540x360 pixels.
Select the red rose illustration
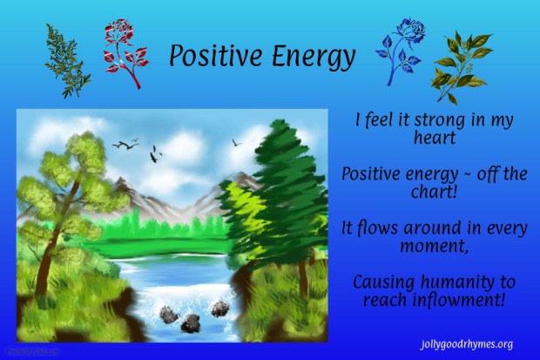tap(121, 51)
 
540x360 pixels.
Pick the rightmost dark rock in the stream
tap(219, 308)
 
